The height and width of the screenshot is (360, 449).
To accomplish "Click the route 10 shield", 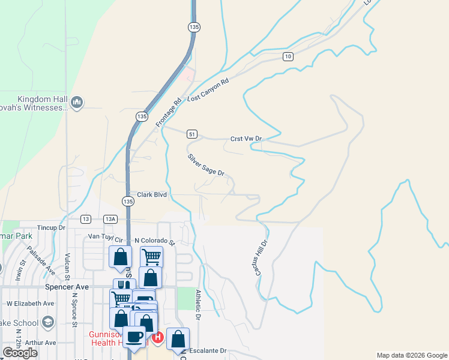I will [289, 56].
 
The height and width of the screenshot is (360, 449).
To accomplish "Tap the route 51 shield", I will [191, 134].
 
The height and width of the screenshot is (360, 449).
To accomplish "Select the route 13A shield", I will [110, 220].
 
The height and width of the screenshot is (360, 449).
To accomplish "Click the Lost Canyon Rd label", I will [208, 91].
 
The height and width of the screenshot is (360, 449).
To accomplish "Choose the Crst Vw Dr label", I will [247, 139].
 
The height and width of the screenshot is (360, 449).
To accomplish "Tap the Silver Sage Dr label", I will [206, 165].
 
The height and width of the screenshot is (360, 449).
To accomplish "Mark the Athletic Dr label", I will [197, 304].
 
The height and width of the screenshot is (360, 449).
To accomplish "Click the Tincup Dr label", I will [51, 228].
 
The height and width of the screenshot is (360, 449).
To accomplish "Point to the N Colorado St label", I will [154, 242].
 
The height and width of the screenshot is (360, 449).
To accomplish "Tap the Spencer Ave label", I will [67, 287].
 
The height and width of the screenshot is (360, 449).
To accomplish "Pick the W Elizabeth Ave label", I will [30, 304].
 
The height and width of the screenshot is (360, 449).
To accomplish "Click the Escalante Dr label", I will [206, 350].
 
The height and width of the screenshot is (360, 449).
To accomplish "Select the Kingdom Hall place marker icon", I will [77, 103].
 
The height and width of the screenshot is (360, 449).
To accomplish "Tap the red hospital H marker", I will [157, 338].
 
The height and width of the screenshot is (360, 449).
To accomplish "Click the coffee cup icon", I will [134, 337].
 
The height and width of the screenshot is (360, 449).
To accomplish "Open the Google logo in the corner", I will [20, 353].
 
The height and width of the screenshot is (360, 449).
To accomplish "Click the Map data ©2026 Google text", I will [411, 355].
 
